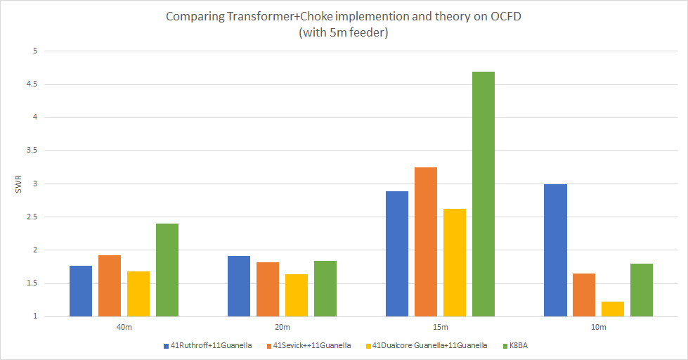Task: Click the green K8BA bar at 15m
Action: tap(483, 194)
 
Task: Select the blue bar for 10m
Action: tap(555, 250)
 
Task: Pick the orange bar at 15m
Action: tap(426, 242)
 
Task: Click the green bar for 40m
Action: tap(167, 270)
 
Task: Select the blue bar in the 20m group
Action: tap(239, 286)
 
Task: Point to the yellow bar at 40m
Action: tap(138, 294)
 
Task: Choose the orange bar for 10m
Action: tap(584, 295)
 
